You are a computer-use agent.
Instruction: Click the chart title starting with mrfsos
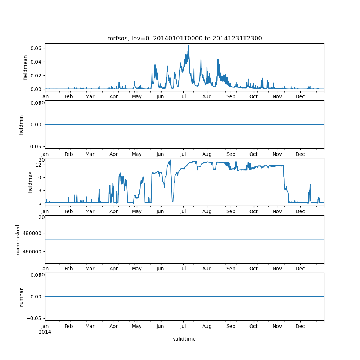184,38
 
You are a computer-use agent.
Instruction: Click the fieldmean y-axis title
25,67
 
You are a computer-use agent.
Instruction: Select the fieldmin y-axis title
21,125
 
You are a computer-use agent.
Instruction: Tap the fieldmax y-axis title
30,182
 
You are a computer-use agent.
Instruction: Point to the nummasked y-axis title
18,239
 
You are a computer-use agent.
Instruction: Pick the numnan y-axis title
21,297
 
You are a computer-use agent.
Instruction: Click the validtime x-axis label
184,339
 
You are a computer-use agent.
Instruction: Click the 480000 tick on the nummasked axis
32,233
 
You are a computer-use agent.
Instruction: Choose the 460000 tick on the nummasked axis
32,251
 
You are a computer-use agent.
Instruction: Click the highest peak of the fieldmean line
188,46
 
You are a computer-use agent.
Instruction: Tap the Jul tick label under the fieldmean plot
183,96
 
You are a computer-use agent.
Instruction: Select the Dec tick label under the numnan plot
300,326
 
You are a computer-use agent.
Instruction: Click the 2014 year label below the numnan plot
45,332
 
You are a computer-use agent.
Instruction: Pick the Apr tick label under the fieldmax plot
114,211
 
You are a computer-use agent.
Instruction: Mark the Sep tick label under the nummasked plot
231,269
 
